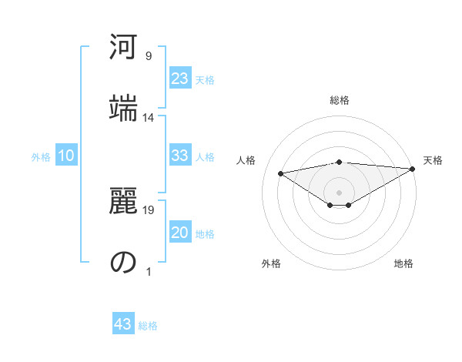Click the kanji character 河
(124, 49)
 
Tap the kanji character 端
(124, 107)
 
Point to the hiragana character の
(124, 262)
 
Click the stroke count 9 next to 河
(149, 56)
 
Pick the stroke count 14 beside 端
(149, 117)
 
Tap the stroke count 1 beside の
(149, 271)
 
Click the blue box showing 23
(180, 79)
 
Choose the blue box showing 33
(180, 156)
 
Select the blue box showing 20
(180, 233)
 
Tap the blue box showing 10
(66, 156)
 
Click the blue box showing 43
(123, 324)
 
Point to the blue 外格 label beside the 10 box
(41, 157)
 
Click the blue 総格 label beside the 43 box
(148, 326)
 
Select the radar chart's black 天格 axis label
(433, 160)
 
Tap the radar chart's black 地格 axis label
(403, 263)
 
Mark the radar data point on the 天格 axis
(413, 169)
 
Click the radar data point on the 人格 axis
(281, 173)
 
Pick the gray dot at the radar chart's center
(339, 192)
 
